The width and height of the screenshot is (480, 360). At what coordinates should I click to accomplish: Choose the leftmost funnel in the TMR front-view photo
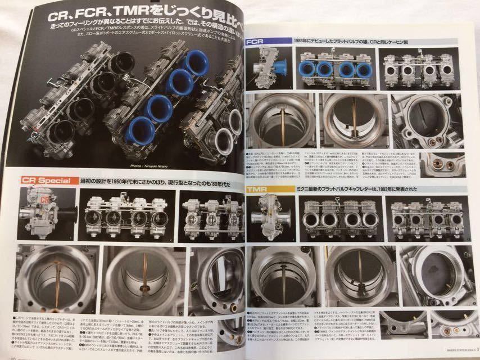pos(313,219)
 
